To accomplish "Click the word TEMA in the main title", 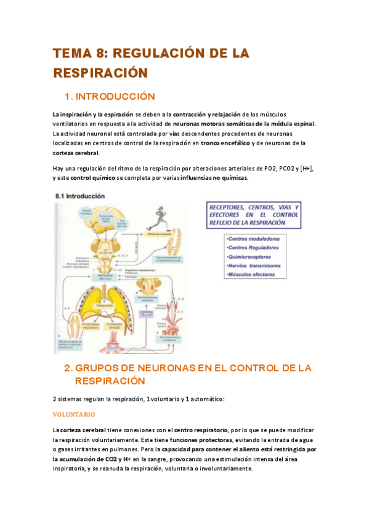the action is click(x=71, y=54).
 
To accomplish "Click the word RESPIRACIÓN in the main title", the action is click(x=100, y=73).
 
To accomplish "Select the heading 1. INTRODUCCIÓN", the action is click(x=110, y=97).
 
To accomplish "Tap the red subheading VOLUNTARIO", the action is click(x=75, y=414).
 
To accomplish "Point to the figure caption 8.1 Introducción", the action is click(x=79, y=196).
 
